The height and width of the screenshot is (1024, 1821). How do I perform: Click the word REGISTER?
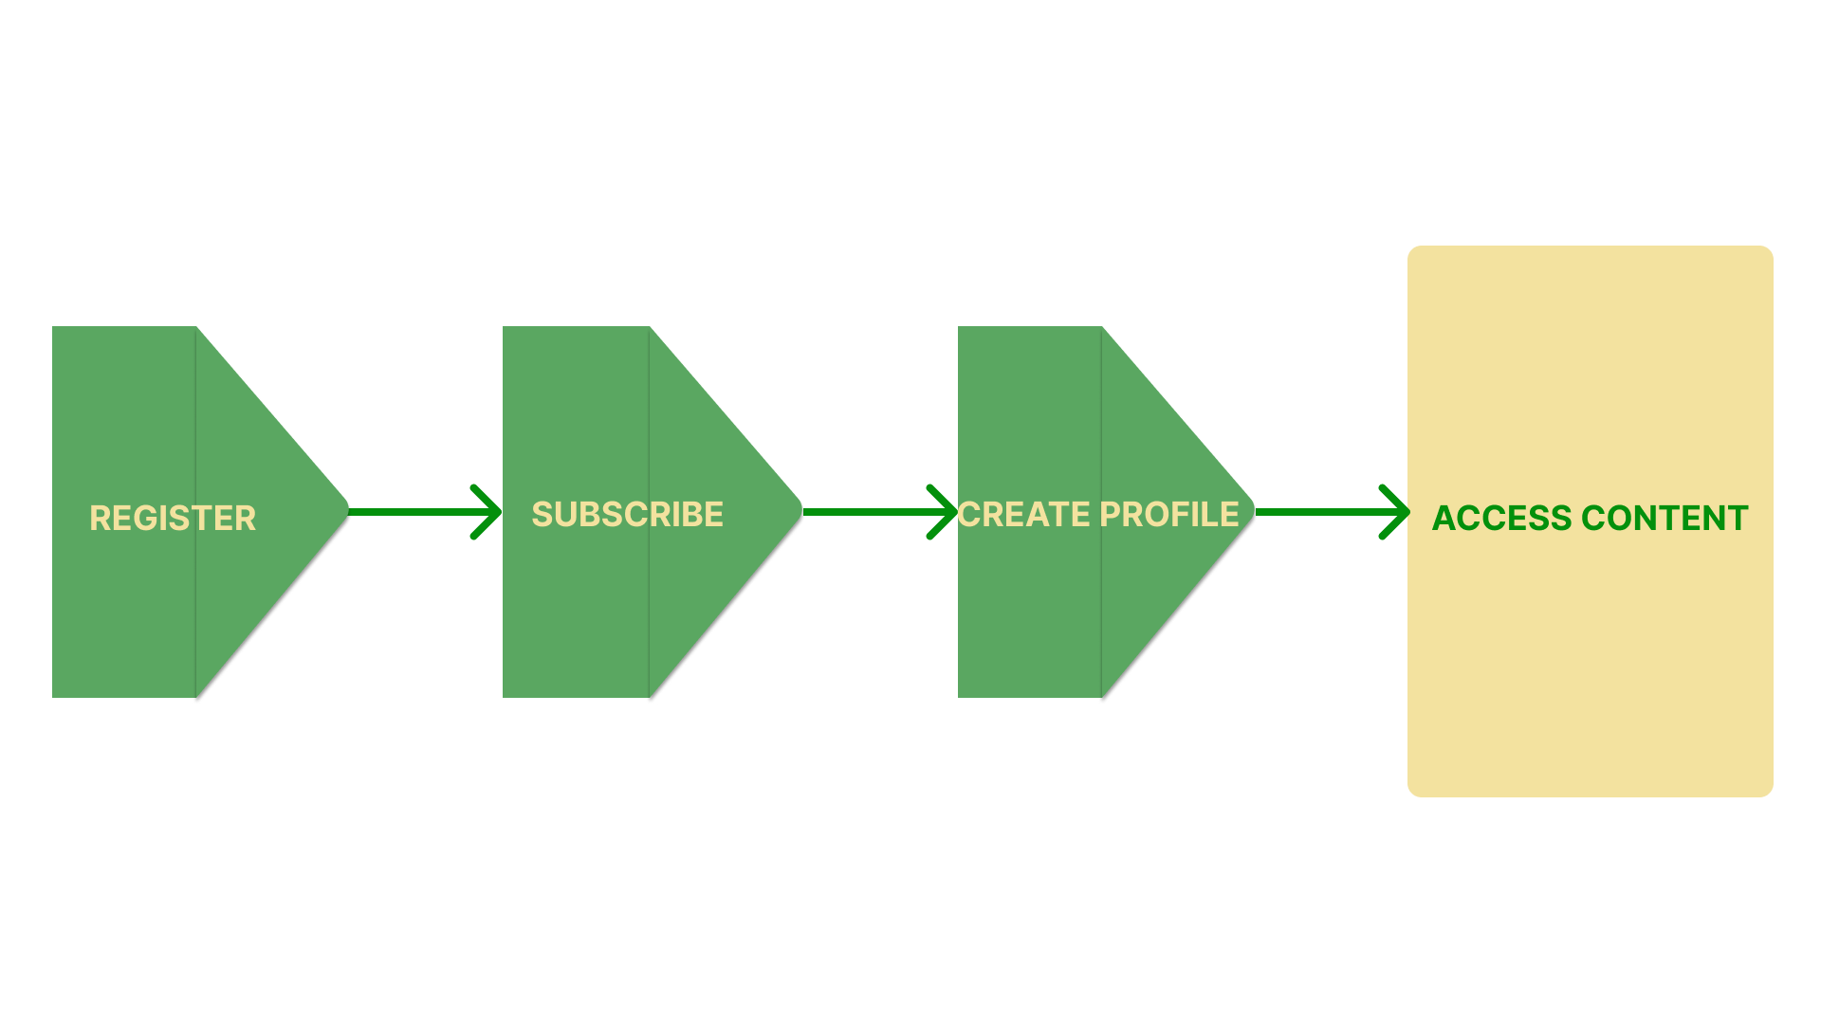click(173, 518)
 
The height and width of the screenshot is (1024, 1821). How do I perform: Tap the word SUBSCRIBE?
click(627, 514)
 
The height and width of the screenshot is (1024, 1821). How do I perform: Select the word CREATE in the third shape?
click(1024, 514)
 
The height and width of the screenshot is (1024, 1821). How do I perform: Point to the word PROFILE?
click(1169, 514)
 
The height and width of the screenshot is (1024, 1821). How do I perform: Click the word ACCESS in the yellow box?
click(1502, 518)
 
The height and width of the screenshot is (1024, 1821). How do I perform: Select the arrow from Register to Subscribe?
click(425, 512)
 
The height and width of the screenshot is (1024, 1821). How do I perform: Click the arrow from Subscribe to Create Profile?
click(880, 512)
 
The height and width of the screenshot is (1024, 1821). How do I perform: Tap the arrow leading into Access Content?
click(1333, 512)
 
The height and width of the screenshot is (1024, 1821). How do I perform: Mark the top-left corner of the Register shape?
click(52, 326)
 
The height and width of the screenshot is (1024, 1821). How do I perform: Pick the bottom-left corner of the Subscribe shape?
click(503, 698)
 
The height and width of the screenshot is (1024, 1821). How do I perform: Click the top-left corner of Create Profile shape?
click(958, 326)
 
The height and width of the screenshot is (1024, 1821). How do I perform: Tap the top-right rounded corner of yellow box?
click(1770, 249)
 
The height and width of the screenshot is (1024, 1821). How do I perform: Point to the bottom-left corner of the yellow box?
click(1411, 794)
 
